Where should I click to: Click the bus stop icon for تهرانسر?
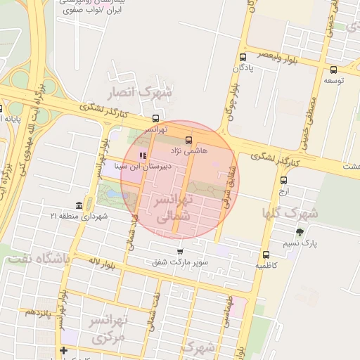coord(155,118)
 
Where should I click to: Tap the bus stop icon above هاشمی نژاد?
coord(188,139)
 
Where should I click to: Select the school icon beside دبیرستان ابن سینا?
coord(143,155)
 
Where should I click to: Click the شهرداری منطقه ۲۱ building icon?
coord(78,205)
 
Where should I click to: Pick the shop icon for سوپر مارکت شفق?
coord(180,251)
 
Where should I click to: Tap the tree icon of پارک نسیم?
coord(300,232)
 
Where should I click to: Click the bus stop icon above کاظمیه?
coord(266,255)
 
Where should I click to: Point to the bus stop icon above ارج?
coord(283,180)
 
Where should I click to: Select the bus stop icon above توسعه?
coord(333,70)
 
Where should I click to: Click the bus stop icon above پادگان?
coord(243,57)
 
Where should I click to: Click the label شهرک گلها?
coord(290,212)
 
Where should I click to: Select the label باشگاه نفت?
coord(39,259)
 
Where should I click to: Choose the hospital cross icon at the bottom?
coord(64,350)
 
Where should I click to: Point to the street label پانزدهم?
coord(40,311)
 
